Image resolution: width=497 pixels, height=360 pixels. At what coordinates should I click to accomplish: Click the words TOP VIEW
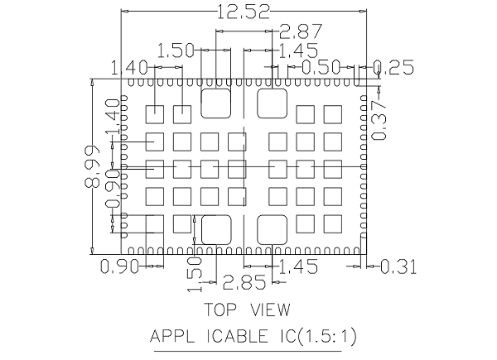pyautogui.click(x=247, y=311)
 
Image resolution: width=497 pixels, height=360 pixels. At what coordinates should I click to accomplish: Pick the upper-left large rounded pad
pyautogui.click(x=216, y=104)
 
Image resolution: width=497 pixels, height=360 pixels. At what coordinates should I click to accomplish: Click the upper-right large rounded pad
pyautogui.click(x=273, y=104)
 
